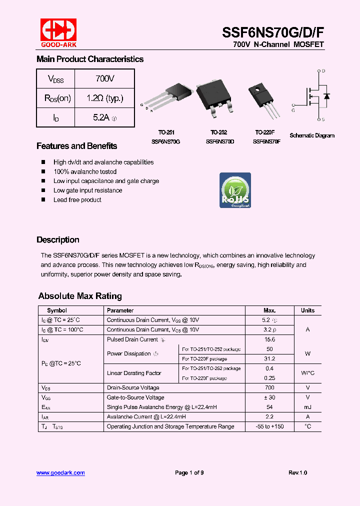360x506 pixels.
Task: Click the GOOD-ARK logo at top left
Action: [x=58, y=33]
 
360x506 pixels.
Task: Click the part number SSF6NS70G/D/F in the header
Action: [x=273, y=32]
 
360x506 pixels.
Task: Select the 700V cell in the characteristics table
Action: [x=104, y=79]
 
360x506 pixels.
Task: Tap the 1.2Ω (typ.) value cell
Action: [x=104, y=98]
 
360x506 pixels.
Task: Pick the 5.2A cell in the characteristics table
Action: [x=104, y=117]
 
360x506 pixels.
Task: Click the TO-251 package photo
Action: [x=168, y=100]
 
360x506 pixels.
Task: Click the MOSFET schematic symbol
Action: [x=315, y=95]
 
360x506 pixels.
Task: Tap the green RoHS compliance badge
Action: [x=235, y=190]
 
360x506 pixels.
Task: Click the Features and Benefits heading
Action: [x=76, y=146]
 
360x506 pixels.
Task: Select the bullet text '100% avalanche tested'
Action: [x=85, y=171]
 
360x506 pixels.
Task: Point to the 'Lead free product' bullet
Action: [x=77, y=200]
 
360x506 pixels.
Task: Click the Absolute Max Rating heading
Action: [x=80, y=296]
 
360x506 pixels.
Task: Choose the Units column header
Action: [x=307, y=310]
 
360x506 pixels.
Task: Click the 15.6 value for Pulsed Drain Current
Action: [x=269, y=339]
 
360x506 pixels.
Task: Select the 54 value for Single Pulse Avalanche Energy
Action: [x=269, y=407]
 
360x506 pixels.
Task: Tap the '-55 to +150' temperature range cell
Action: [x=269, y=426]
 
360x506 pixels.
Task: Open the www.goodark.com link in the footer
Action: [x=60, y=472]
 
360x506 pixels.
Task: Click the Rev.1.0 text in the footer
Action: [x=297, y=472]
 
